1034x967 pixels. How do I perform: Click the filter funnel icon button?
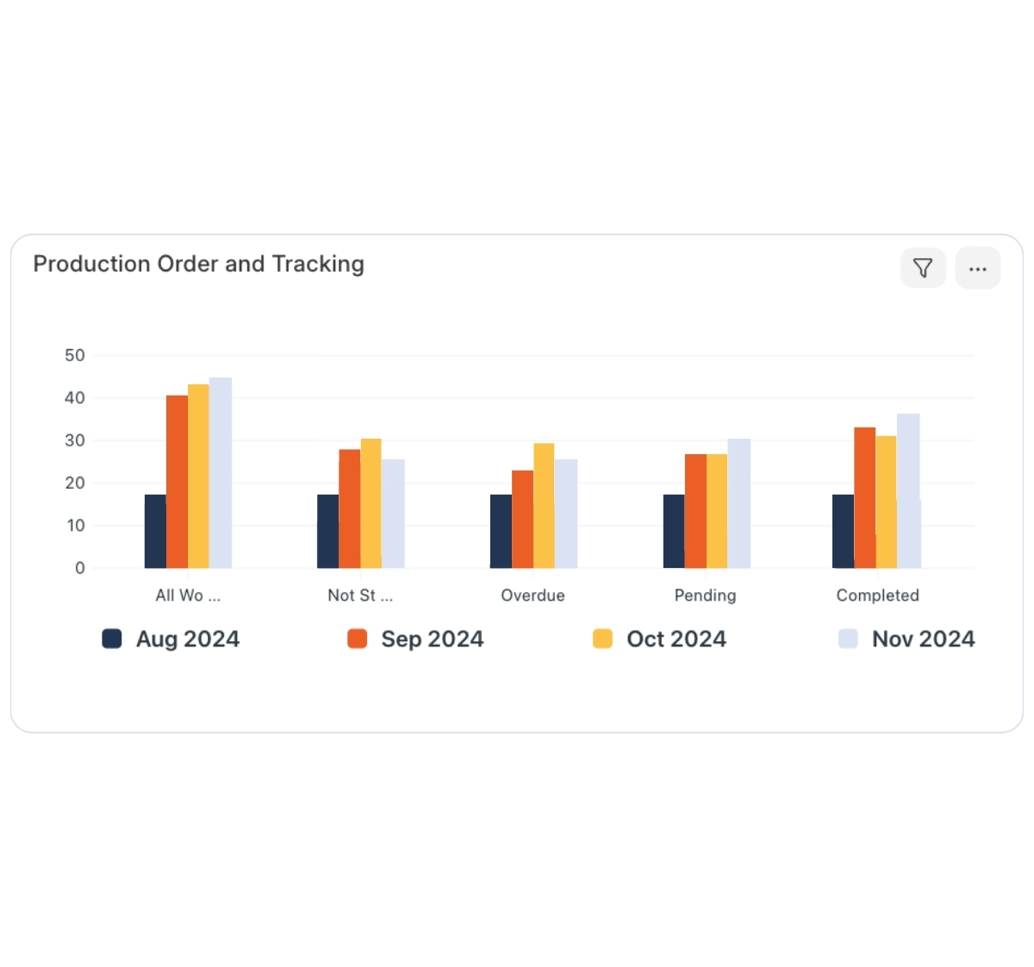(x=923, y=268)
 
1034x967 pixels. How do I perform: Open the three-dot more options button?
(x=977, y=268)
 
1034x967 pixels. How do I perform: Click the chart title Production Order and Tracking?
(x=198, y=264)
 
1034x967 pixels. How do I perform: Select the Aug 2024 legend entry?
(x=171, y=639)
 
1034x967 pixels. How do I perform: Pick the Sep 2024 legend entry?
(x=415, y=639)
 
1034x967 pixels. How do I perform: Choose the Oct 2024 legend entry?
(x=660, y=639)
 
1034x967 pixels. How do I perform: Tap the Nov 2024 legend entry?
(x=906, y=639)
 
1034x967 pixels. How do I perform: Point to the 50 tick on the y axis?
(x=75, y=355)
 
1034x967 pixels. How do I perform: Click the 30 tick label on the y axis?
(x=75, y=440)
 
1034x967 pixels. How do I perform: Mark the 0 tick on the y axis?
(x=80, y=568)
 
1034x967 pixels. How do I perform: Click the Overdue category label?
(x=533, y=596)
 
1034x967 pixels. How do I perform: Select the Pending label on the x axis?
(x=705, y=596)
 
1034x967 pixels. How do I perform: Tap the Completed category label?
(x=877, y=596)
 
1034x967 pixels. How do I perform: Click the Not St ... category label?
(x=360, y=596)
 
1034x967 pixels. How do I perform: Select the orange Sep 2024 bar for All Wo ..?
(x=177, y=483)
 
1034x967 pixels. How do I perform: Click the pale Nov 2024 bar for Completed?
(x=908, y=491)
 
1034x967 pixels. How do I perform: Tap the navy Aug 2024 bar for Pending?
(x=674, y=531)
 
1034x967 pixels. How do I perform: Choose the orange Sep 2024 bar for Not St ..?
(x=349, y=508)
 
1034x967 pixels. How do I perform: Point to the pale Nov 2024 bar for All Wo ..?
(x=221, y=473)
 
